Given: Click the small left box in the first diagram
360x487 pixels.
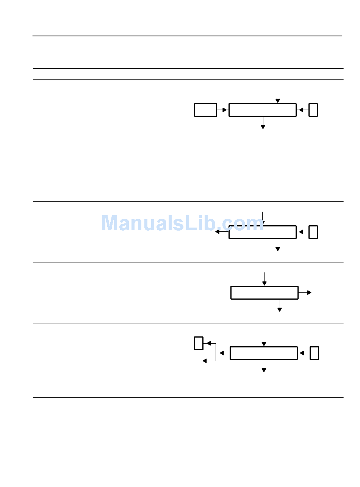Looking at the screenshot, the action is pos(205,110).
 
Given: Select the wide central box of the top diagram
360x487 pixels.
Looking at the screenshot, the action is pos(262,110).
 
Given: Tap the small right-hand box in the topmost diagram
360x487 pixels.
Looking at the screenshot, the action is pos(313,110).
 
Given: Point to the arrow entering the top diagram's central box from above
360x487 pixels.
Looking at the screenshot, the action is pos(278,97).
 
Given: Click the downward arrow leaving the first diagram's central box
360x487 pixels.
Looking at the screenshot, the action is pos(263,123).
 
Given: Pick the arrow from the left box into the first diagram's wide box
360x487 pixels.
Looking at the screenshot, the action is pos(223,110).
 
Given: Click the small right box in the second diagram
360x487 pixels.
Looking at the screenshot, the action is pos(313,232).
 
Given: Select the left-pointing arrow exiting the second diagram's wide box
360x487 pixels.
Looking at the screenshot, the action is pos(222,232).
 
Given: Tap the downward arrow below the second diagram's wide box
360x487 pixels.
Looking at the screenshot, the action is pos(278,245).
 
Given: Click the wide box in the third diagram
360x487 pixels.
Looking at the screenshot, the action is pos(264,293).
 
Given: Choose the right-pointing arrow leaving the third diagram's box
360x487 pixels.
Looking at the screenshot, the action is pos(305,293).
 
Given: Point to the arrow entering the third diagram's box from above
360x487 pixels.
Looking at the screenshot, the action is pos(265,279).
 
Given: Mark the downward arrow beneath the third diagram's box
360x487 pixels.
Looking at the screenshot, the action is pos(280,306).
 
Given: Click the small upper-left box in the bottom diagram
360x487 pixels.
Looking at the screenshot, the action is pos(199,343).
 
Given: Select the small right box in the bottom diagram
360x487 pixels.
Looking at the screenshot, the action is pos(314,353).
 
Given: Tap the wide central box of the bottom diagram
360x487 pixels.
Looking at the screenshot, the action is pos(263,353).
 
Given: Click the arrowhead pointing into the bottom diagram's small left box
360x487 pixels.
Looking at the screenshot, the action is pos(208,343).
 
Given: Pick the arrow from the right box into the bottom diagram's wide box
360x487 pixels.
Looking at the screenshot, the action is pos(304,353).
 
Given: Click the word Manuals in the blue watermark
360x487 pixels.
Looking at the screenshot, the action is pos(140,223).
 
